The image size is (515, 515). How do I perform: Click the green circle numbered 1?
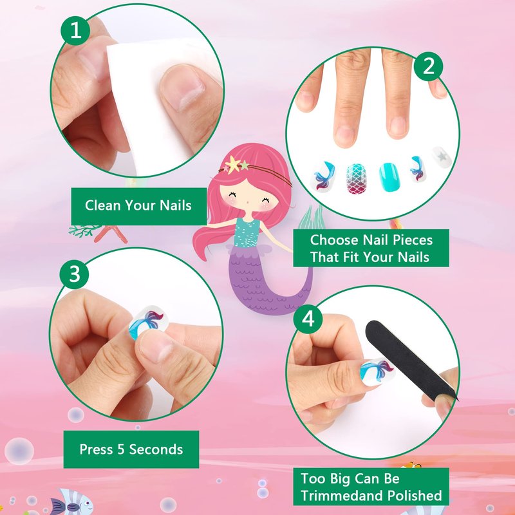click(75, 30)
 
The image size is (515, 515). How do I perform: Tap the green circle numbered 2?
click(428, 66)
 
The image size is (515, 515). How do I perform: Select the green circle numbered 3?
click(74, 274)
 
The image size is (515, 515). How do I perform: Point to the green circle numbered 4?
click(308, 319)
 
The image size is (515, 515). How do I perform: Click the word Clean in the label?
click(103, 205)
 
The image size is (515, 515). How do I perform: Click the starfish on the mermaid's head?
click(233, 164)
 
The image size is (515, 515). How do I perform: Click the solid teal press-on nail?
click(389, 176)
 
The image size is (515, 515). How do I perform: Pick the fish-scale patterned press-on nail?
click(357, 179)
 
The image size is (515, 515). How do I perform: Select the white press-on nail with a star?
click(442, 157)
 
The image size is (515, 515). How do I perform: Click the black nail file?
click(411, 359)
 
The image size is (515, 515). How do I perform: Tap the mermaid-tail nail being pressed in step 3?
click(147, 321)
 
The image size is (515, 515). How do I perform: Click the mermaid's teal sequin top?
click(247, 232)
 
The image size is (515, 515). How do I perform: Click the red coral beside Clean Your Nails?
click(111, 234)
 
